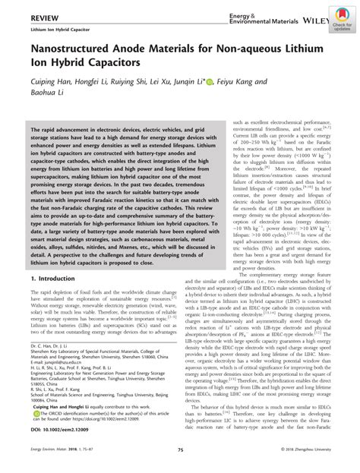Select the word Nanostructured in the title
pos(68,51)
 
